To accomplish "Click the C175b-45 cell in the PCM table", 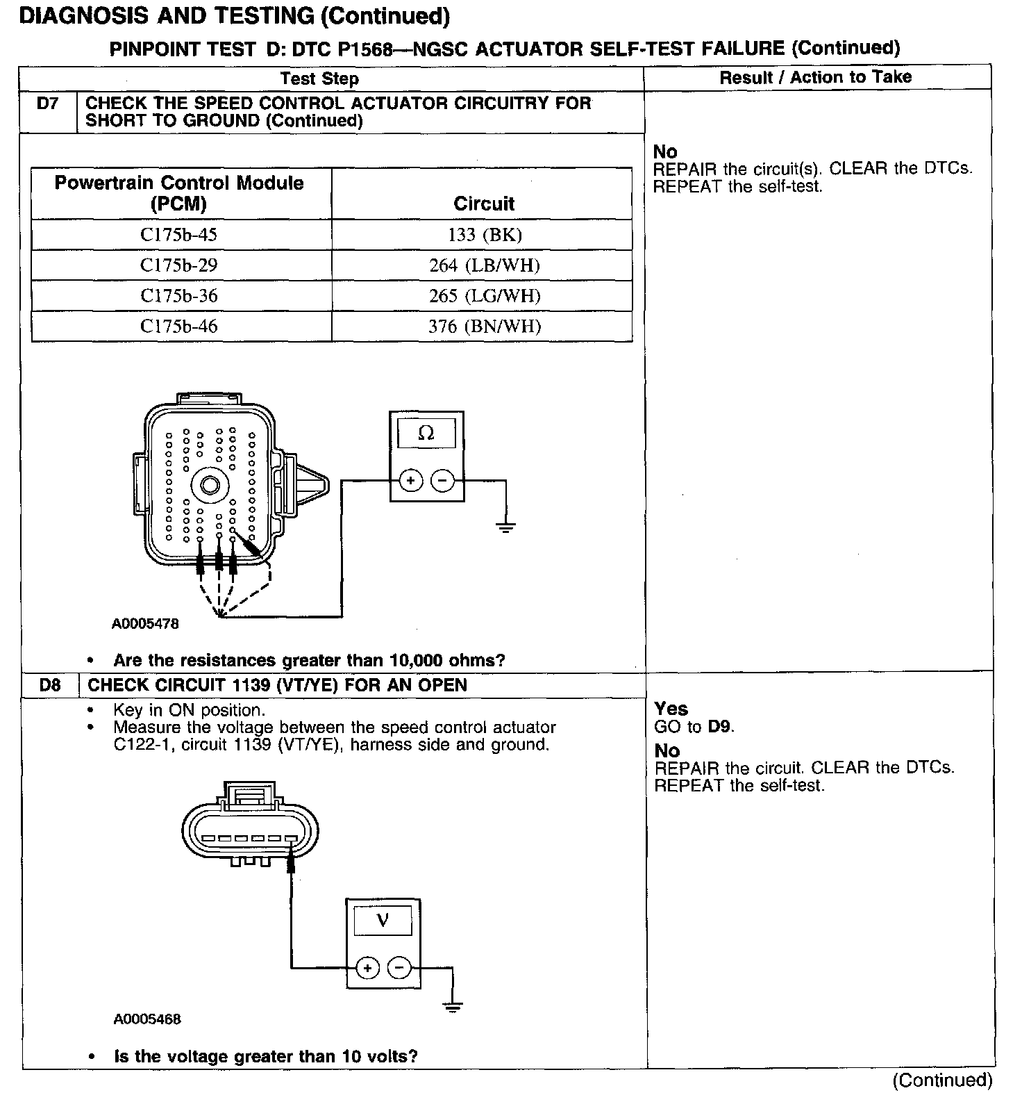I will tap(179, 235).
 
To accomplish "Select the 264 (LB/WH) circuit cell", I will tap(484, 265).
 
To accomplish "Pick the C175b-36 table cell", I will tap(179, 296).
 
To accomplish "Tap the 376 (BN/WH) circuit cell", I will tap(484, 327).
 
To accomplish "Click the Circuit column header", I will tap(484, 204).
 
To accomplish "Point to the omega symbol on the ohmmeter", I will tap(426, 434).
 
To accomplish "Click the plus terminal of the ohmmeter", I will tap(411, 480).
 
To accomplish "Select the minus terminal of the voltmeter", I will tap(399, 967).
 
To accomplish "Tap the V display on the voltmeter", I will tap(383, 921).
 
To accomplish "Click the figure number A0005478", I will tap(145, 624).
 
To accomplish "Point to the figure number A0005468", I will tap(147, 1019).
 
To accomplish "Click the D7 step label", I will tap(48, 104).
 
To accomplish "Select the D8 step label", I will tap(50, 685).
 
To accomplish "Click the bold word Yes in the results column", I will tap(671, 709).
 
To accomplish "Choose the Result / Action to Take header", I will tap(815, 77).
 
